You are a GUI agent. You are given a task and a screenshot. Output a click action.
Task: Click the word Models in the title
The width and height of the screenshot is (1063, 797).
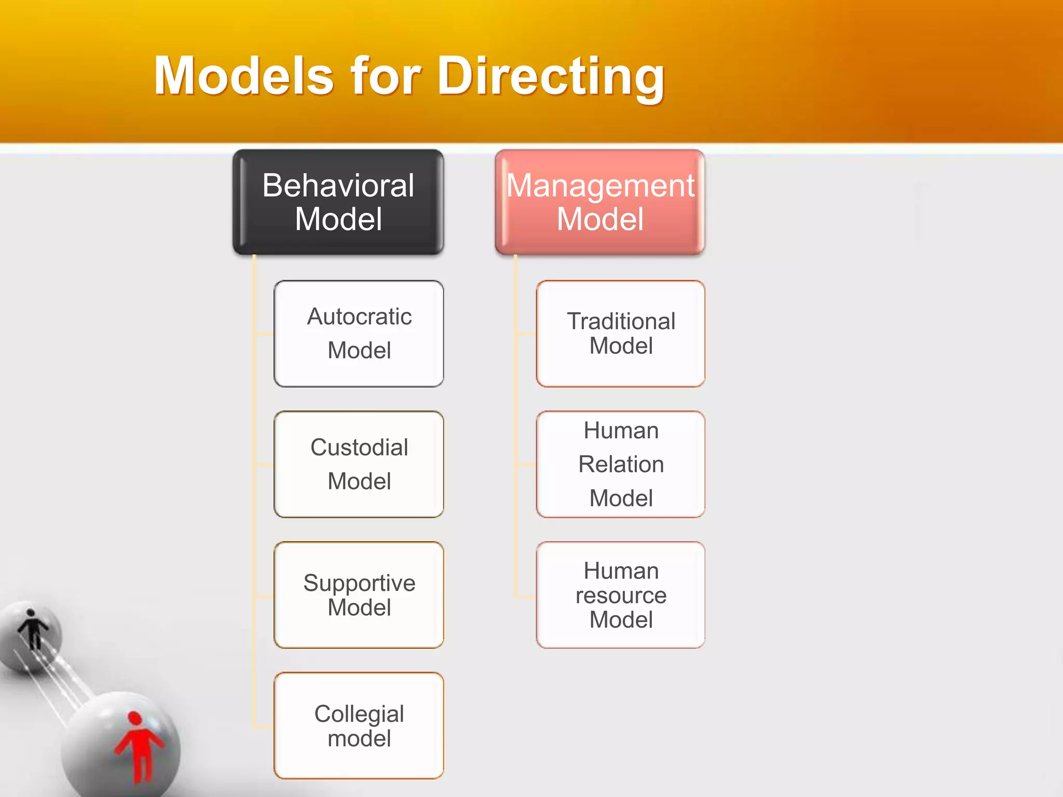(244, 77)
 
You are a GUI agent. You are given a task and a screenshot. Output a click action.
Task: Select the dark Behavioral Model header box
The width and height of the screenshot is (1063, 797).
(338, 202)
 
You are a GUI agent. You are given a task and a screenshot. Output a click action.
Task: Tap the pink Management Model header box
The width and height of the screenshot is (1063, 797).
(600, 202)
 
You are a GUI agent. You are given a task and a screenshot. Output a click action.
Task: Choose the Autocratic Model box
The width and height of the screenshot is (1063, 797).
(359, 334)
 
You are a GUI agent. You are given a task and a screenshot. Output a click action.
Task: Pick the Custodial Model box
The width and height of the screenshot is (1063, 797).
(359, 464)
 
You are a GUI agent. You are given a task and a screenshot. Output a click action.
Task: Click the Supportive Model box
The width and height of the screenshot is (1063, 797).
(359, 595)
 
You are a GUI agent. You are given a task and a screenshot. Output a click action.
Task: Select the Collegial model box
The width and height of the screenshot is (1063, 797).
(359, 726)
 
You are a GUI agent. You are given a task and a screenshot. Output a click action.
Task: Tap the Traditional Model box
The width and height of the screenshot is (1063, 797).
(621, 334)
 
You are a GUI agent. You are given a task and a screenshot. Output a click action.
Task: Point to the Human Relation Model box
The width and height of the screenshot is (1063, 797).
(621, 464)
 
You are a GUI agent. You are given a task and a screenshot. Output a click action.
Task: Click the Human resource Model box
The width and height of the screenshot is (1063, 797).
(621, 595)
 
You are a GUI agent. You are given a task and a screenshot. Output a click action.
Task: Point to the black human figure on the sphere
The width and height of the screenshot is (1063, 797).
(33, 628)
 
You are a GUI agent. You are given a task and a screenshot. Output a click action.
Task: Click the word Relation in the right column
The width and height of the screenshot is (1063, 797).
(621, 464)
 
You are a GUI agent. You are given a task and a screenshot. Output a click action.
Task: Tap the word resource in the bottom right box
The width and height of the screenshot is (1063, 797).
(621, 596)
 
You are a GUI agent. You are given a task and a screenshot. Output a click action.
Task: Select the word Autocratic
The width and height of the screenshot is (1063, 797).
(359, 317)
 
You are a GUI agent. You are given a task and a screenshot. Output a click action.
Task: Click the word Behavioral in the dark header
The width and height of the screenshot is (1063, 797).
(338, 185)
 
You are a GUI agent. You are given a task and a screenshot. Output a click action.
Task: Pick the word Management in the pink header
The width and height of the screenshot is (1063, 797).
(600, 185)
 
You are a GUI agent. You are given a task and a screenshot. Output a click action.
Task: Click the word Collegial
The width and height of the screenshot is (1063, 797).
(359, 714)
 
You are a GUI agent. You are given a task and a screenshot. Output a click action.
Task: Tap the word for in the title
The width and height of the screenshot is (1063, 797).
(385, 77)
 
